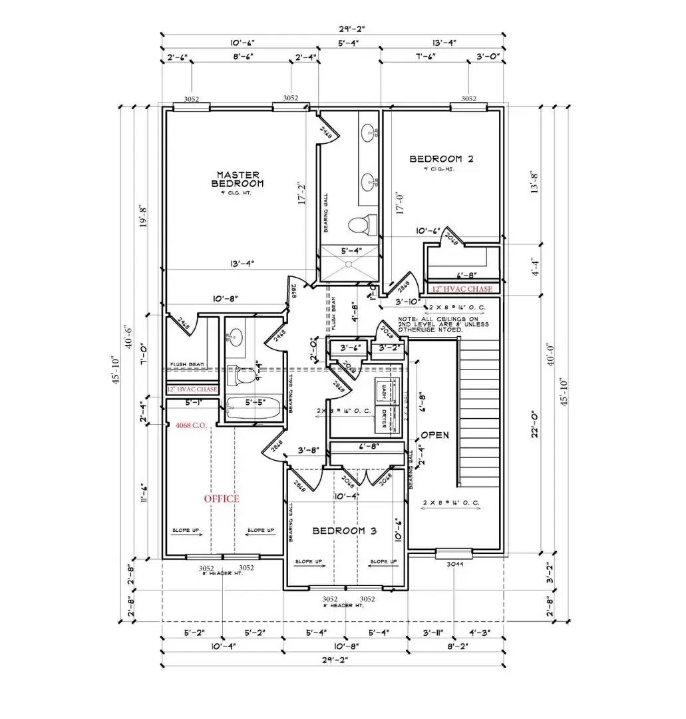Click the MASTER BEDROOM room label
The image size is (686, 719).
238,178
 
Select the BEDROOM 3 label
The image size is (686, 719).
345,531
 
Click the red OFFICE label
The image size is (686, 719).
221,499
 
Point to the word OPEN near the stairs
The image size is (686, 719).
435,435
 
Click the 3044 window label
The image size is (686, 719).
454,564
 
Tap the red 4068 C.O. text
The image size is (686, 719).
193,424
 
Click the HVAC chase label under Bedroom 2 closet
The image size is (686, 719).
462,289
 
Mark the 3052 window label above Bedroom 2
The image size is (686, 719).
468,98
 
